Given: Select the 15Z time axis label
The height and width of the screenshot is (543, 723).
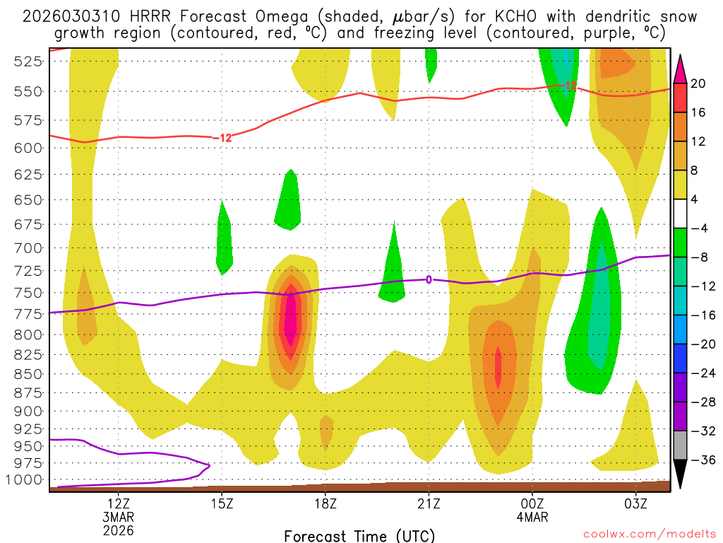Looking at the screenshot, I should pos(222,504).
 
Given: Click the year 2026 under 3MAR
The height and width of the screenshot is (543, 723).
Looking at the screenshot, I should pos(118,530).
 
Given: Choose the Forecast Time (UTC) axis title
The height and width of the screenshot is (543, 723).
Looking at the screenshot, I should pos(359,536).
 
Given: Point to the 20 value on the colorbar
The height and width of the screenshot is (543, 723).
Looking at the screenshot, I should pos(698,84).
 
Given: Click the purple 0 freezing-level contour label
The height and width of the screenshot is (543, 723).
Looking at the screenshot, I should pos(429,280).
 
